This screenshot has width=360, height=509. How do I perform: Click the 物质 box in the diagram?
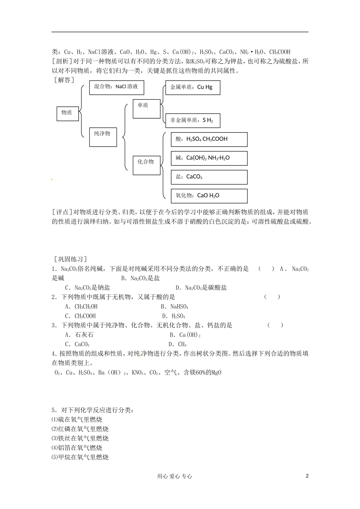[x=67, y=113]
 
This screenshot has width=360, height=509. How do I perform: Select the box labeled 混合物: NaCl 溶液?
[x=116, y=87]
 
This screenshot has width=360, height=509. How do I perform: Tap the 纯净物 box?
[x=103, y=137]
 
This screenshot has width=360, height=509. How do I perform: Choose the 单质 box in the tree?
[x=146, y=109]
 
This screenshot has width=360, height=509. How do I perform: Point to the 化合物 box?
[x=146, y=165]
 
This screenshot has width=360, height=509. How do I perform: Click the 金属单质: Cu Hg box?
[x=193, y=87]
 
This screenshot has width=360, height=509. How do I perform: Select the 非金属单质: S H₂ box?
[x=193, y=120]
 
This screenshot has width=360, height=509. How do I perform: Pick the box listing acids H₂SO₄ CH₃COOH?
[x=209, y=139]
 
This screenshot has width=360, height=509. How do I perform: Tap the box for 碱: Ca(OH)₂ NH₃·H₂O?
[x=209, y=158]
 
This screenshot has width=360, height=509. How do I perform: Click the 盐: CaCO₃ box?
[x=209, y=177]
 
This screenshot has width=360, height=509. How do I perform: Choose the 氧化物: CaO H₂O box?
[x=209, y=196]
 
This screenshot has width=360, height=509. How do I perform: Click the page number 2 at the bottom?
[x=307, y=476]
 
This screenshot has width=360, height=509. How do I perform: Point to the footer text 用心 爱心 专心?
[x=174, y=476]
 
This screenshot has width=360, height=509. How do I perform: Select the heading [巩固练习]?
[x=70, y=259]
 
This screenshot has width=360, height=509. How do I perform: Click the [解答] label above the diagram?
[x=64, y=80]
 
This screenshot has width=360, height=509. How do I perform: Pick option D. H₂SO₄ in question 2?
[x=174, y=316]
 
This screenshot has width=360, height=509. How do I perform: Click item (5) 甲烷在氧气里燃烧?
[x=80, y=457]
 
